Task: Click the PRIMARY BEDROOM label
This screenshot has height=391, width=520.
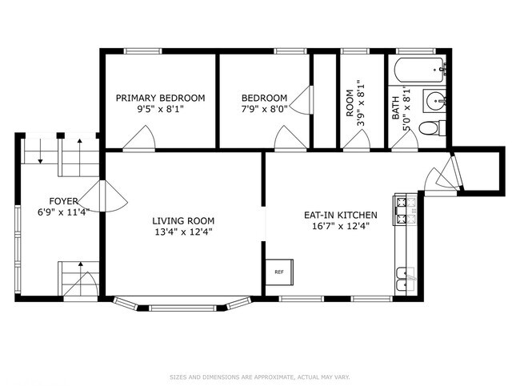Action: pyautogui.click(x=160, y=98)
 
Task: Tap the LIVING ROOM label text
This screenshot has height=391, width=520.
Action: pyautogui.click(x=183, y=220)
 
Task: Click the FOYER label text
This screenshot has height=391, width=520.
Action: pyautogui.click(x=64, y=201)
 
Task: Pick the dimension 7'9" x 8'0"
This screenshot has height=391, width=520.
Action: pyautogui.click(x=264, y=110)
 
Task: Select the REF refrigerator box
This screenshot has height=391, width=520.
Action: pyautogui.click(x=279, y=272)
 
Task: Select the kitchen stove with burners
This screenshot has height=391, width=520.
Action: pyautogui.click(x=406, y=210)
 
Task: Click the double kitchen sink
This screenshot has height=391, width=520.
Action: pyautogui.click(x=406, y=281)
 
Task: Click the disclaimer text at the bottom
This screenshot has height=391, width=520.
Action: pyautogui.click(x=260, y=377)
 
